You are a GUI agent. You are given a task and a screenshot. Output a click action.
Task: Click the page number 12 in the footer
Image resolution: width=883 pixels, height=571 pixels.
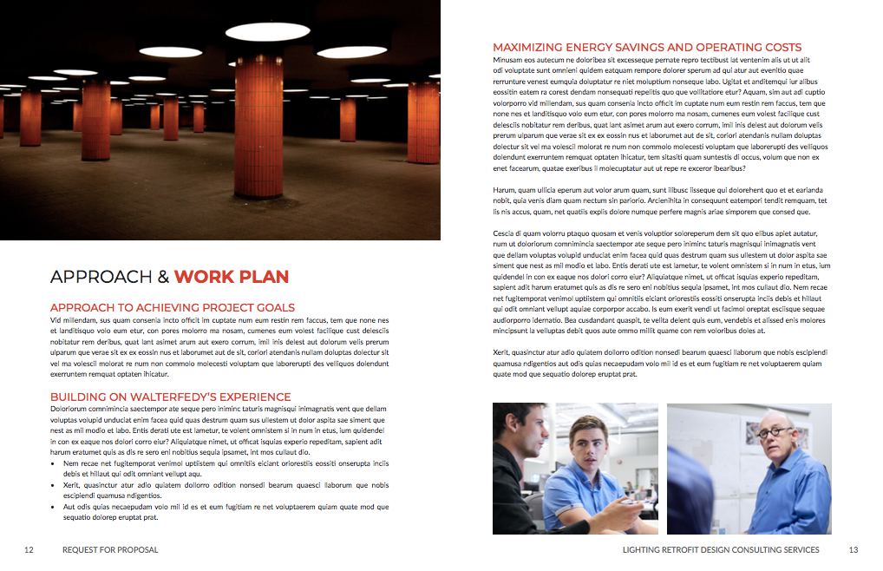(x=29, y=549)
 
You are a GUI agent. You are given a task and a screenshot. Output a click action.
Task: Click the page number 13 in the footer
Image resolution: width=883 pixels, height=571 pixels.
(x=853, y=549)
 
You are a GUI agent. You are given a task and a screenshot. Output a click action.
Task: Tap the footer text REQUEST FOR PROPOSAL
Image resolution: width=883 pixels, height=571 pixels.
(x=110, y=549)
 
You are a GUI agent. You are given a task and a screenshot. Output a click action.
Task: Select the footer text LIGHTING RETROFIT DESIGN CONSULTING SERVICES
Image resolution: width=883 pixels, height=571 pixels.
(x=721, y=549)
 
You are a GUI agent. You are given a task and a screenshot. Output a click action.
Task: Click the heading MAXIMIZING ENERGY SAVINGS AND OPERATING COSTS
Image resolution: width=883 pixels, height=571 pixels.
(x=647, y=48)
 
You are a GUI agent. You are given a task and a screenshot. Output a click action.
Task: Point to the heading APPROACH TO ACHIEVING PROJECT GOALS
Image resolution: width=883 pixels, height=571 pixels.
(x=173, y=307)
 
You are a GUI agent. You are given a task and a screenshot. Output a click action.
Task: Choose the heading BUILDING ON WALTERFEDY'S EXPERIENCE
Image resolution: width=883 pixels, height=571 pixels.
(x=171, y=397)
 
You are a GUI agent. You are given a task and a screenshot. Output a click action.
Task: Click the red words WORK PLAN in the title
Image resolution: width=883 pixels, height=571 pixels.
(x=232, y=277)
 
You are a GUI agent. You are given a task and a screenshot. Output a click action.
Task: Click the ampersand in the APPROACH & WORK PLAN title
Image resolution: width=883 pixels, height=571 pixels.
(x=163, y=277)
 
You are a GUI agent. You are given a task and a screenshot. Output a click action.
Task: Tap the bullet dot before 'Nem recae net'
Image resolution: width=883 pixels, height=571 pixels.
(x=54, y=463)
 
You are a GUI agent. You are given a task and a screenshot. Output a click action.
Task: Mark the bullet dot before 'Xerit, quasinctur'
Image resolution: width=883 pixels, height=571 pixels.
(x=54, y=485)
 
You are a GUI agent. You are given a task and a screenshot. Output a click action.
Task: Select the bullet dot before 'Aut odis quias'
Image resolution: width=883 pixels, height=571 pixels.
(x=54, y=507)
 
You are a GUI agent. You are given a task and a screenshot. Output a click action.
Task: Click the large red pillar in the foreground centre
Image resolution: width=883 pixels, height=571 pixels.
(x=260, y=126)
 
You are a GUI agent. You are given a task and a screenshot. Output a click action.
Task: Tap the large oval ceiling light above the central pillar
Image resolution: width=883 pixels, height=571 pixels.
(x=267, y=32)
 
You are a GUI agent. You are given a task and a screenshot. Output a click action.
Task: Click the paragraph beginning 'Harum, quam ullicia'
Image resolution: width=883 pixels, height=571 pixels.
(x=659, y=200)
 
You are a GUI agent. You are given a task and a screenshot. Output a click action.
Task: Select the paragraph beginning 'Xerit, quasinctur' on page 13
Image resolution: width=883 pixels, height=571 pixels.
(x=659, y=364)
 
